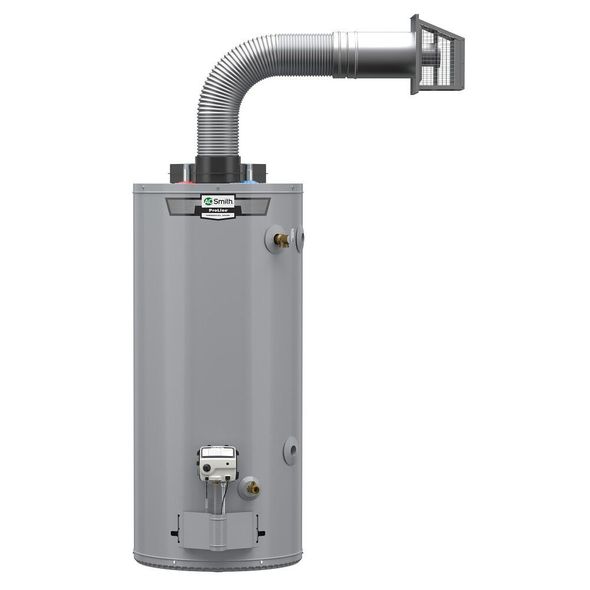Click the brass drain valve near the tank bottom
(253, 487)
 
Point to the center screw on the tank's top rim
(218, 187)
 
